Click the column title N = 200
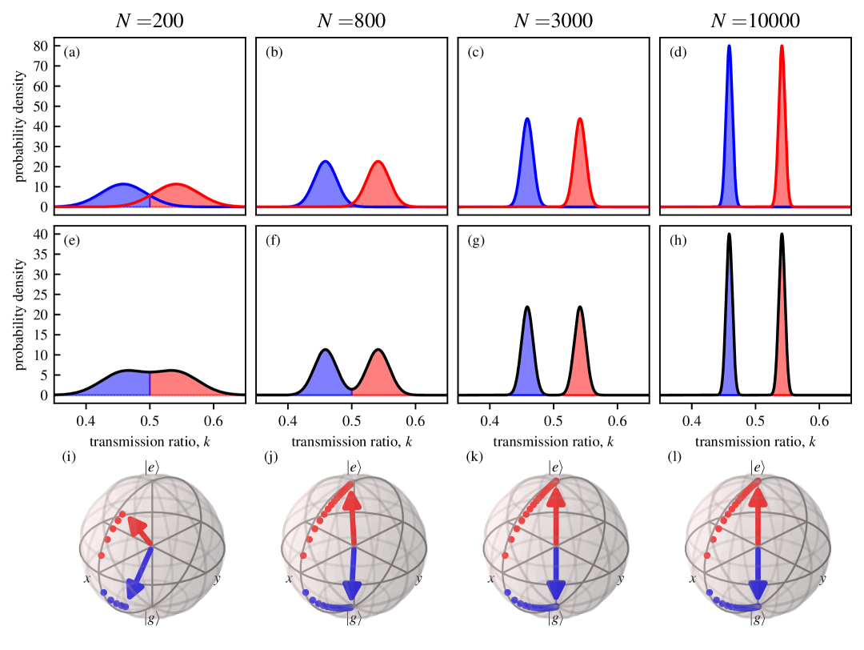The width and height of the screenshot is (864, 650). click(150, 22)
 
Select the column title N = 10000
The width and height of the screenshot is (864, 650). click(754, 22)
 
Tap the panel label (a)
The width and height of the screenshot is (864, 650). click(72, 54)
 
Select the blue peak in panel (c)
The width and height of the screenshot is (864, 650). click(527, 119)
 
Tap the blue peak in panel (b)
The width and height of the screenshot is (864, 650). click(326, 162)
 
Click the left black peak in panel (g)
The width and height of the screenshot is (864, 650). click(527, 307)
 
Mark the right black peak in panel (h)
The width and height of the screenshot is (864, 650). click(782, 235)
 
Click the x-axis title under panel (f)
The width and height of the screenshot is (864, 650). click(352, 440)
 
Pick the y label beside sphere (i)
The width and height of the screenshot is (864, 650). click(216, 579)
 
